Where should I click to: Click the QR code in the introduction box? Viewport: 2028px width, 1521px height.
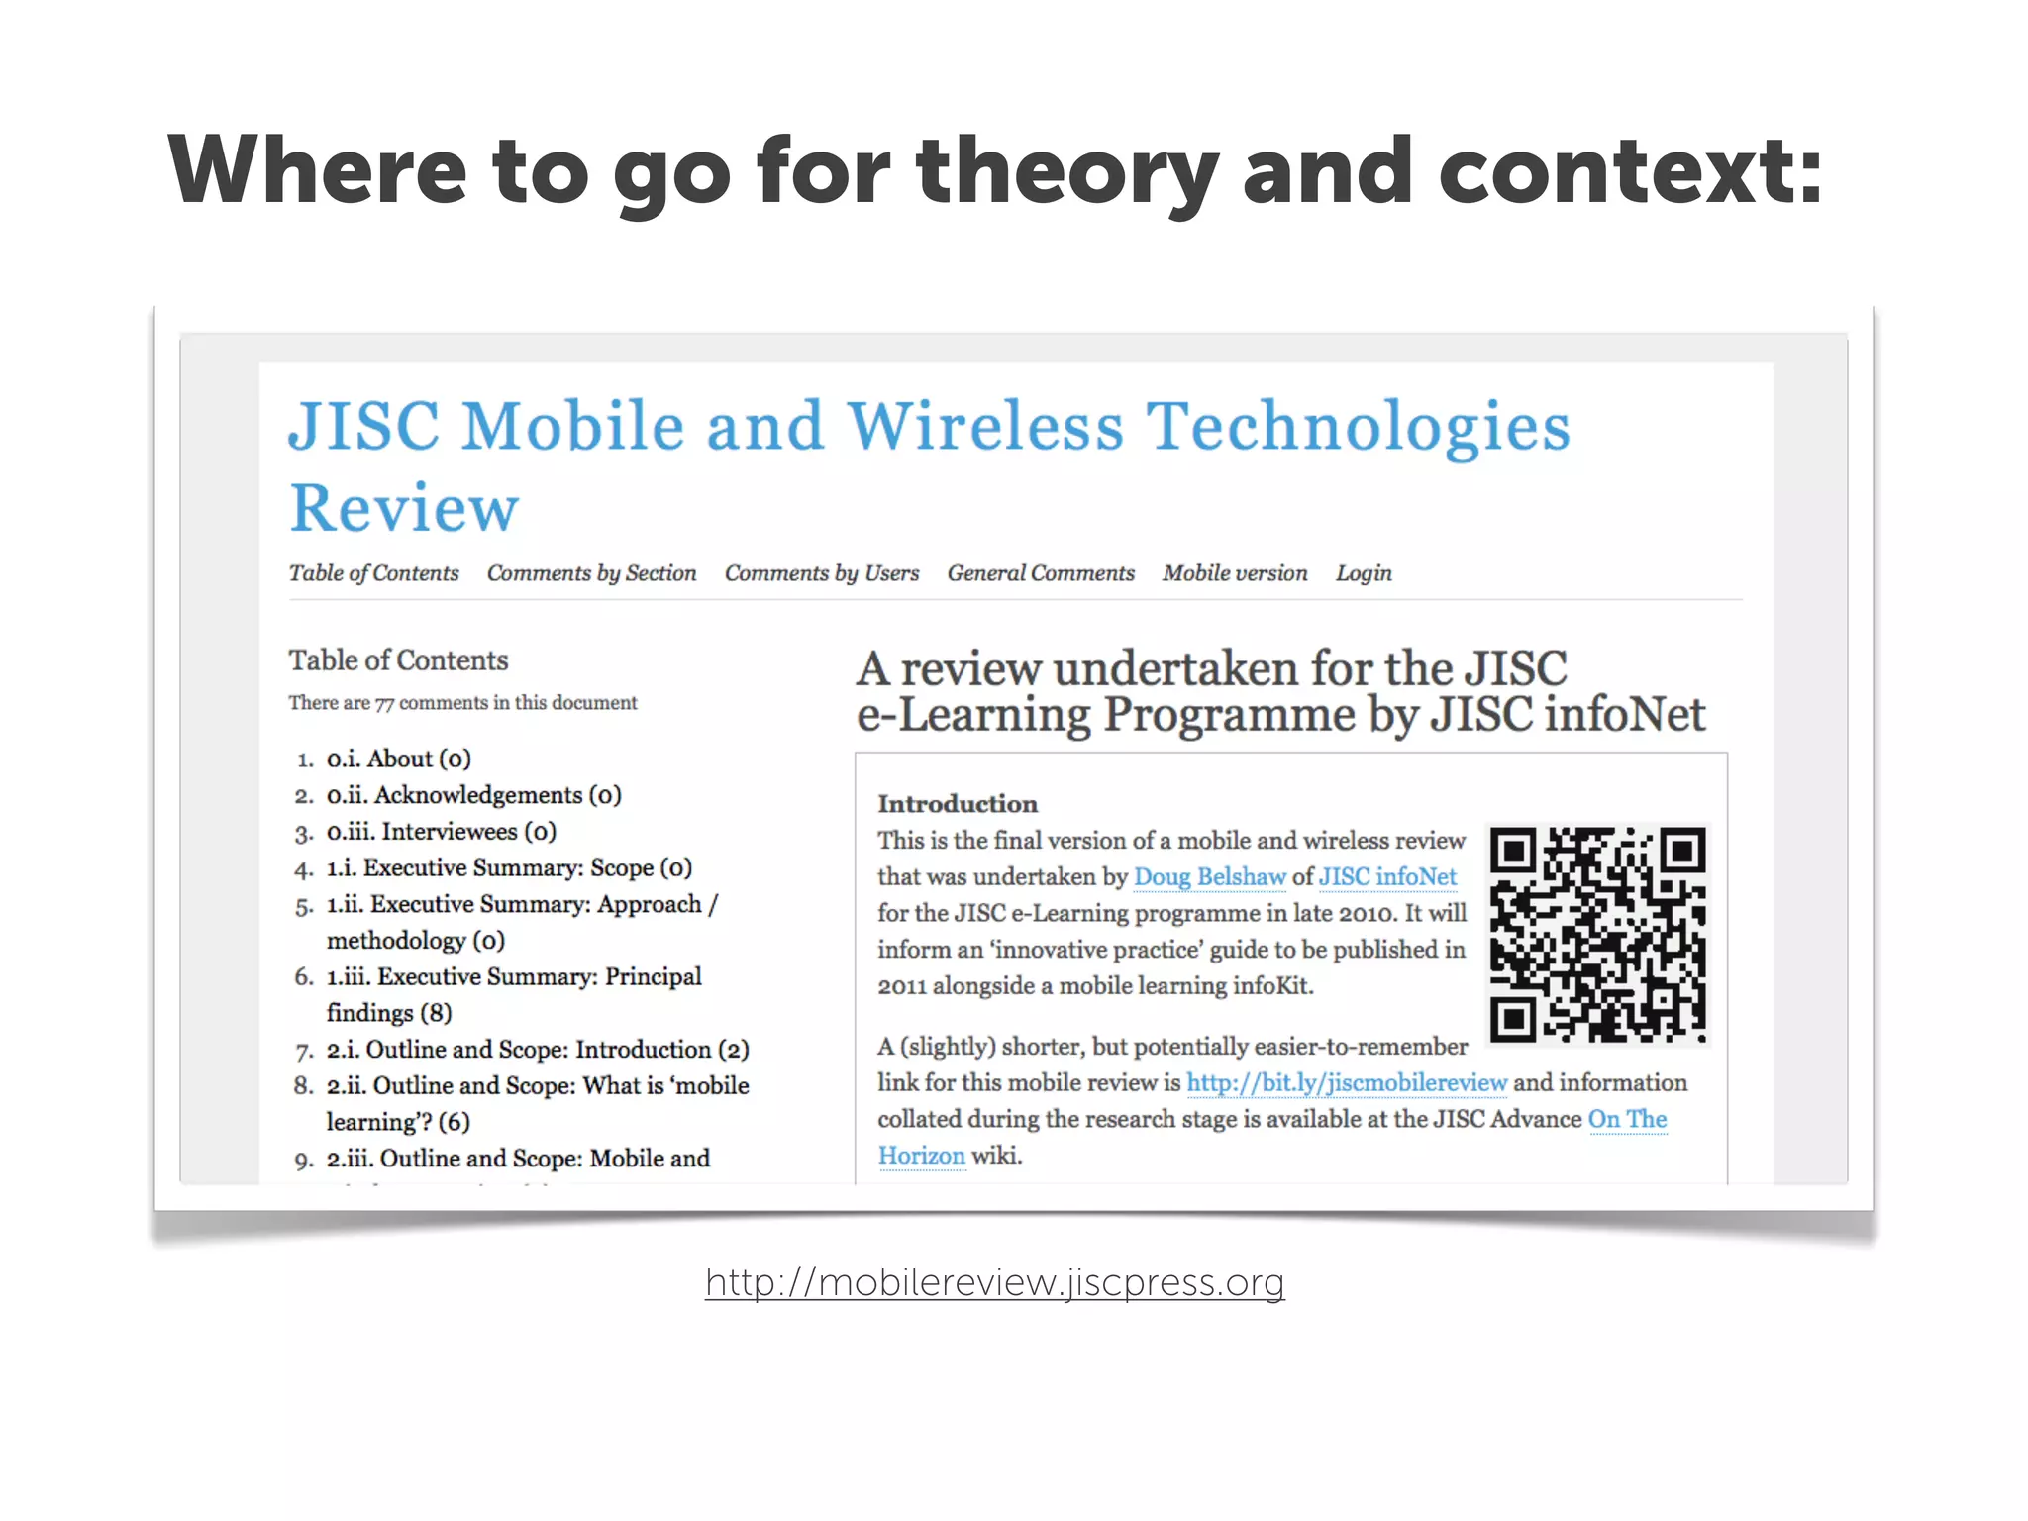tap(1597, 934)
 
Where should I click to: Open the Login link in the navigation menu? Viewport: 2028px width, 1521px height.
tap(1363, 573)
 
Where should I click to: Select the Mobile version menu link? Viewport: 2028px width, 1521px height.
tap(1234, 573)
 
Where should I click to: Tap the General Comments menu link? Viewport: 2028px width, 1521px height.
tap(1040, 573)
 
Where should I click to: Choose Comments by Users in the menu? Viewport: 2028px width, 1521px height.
tap(821, 573)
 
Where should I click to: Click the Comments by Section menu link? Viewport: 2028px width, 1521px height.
tap(591, 573)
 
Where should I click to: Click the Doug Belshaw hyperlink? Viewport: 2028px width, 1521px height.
tap(1209, 877)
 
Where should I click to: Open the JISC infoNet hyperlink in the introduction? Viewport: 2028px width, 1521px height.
tap(1386, 877)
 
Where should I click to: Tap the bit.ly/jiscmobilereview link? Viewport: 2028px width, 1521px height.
tap(1346, 1083)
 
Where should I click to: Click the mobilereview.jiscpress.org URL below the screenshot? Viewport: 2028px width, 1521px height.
tap(994, 1282)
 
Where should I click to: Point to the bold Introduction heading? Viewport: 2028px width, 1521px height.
tap(957, 803)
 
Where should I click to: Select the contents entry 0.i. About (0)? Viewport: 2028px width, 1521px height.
tap(398, 760)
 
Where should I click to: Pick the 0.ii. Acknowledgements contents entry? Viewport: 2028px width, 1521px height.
tap(473, 795)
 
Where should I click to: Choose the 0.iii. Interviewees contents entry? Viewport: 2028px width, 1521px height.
tap(441, 832)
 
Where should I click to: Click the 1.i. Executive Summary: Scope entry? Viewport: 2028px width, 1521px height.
tap(509, 868)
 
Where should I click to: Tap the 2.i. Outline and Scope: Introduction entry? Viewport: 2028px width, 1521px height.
tap(538, 1050)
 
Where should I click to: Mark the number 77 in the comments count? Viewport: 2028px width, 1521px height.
tap(384, 704)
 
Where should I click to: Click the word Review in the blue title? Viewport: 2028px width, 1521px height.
tap(404, 508)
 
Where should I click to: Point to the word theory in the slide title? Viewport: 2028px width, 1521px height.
tap(1066, 173)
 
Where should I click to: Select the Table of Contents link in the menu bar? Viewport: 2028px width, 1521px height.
tap(373, 573)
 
